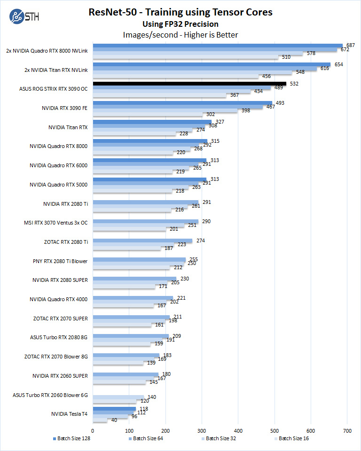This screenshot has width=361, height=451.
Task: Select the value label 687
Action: coord(350,45)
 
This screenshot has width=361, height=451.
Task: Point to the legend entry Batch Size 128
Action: coord(72,438)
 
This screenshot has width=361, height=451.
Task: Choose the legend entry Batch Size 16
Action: coord(293,438)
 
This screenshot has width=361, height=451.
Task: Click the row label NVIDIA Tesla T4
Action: coord(70,414)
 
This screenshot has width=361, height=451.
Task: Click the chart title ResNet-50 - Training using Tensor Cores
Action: coord(180,12)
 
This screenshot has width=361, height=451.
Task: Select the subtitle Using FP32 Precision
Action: coord(180,24)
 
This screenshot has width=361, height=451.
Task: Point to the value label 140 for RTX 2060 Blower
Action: coord(152,397)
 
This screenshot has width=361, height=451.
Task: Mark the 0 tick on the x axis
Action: coord(93,430)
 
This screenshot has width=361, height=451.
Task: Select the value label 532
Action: coord(294,84)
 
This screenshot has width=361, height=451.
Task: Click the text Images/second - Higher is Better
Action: coord(180,35)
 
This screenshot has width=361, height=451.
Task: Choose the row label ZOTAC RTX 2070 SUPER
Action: coord(60,318)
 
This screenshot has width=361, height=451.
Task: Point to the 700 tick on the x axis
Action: coord(347,430)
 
